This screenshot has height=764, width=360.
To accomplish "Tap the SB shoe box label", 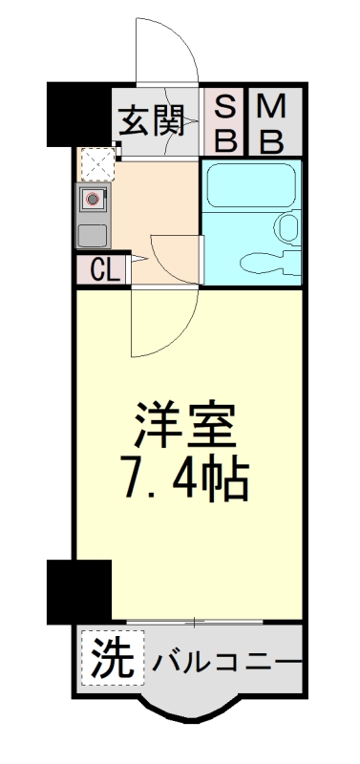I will [225, 122].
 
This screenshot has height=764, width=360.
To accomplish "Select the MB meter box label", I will [271, 122].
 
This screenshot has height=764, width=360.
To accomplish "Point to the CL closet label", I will [102, 270].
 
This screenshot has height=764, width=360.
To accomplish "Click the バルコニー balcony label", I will [222, 659].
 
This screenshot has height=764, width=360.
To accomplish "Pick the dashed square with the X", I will [96, 165].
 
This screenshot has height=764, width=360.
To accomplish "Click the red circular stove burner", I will [94, 200].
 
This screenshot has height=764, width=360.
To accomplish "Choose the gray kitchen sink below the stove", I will [93, 235].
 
